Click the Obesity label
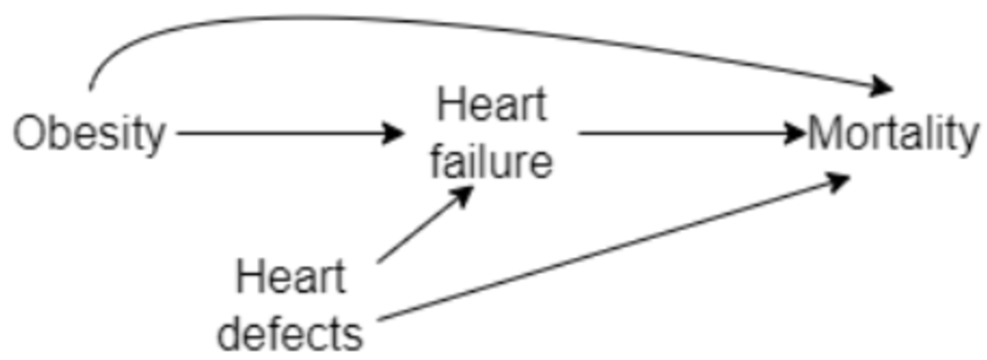[89, 135]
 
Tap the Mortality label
[893, 135]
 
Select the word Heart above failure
[492, 104]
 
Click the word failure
[492, 161]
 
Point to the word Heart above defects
[291, 278]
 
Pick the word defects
[291, 333]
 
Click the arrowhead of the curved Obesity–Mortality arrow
[882, 88]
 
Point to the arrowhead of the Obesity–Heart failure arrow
[395, 134]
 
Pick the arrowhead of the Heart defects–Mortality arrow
[840, 180]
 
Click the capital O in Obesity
[29, 135]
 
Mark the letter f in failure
[439, 161]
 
